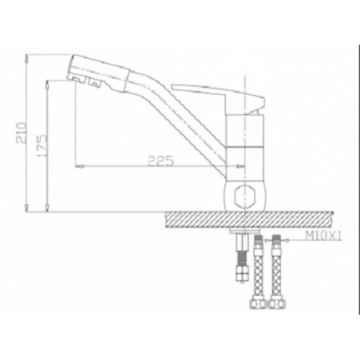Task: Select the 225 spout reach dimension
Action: [160, 160]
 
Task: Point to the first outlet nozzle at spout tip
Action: [76, 78]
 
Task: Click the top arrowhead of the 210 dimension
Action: [27, 58]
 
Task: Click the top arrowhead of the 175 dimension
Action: [47, 83]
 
